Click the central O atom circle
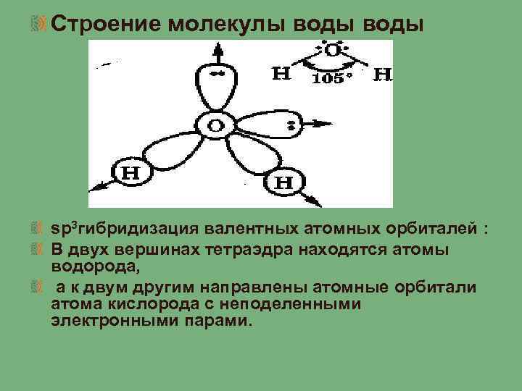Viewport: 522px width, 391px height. pos(216,126)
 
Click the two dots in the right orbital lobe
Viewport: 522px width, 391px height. pos(291,127)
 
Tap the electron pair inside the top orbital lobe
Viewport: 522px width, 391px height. pos(215,75)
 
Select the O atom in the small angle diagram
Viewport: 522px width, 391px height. pos(332,51)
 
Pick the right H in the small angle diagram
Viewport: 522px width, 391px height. pos(383,74)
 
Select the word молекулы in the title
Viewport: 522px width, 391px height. pos(228,24)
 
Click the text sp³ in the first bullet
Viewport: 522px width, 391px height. pos(63,229)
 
